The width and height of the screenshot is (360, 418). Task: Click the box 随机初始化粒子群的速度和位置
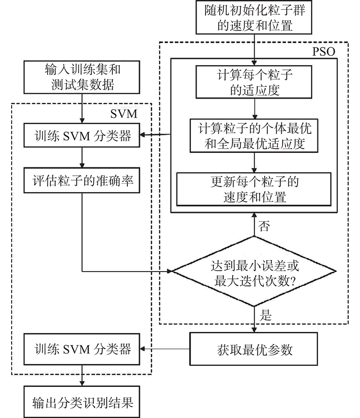[254, 17]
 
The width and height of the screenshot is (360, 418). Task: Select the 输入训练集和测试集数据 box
[82, 77]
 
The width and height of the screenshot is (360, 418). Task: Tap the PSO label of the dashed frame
[324, 52]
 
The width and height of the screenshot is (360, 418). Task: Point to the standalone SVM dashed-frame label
[124, 114]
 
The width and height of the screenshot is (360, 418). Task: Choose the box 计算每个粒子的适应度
[254, 82]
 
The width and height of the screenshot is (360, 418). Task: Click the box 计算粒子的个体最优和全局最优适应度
[254, 136]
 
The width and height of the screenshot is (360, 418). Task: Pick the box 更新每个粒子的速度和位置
[254, 189]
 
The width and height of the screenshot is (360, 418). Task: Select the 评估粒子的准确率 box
[82, 180]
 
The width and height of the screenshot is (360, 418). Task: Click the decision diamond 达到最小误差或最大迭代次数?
[254, 271]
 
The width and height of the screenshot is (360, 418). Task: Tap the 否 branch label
[264, 226]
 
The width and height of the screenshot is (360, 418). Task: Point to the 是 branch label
[265, 315]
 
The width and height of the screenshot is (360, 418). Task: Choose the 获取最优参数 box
[253, 349]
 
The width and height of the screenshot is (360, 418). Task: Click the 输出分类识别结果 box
[82, 402]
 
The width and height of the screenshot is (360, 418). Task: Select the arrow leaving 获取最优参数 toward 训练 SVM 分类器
[165, 349]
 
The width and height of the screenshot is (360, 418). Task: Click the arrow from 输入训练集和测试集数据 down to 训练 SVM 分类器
[82, 108]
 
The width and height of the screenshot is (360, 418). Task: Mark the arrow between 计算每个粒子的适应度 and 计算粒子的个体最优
[254, 109]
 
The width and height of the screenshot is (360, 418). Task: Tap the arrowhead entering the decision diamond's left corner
[169, 271]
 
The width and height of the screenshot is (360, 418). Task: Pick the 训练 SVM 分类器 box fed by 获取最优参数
[82, 349]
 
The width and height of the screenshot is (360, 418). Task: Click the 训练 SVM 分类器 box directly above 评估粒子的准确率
[82, 135]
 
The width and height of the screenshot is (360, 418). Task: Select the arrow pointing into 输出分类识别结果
[82, 375]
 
